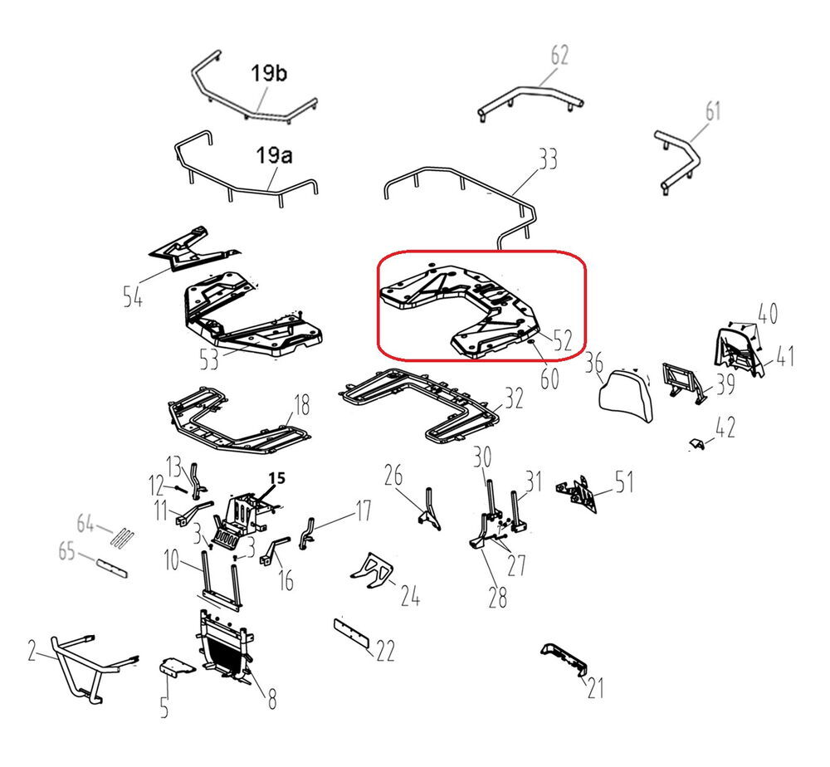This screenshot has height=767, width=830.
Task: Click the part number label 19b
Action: (269, 73)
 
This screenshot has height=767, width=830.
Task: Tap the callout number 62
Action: (559, 55)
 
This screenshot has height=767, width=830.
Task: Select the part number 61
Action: (713, 111)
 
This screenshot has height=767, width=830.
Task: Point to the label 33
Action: (548, 159)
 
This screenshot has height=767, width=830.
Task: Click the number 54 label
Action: (133, 296)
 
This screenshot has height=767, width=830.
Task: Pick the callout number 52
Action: (563, 340)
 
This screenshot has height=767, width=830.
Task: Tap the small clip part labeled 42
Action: (697, 443)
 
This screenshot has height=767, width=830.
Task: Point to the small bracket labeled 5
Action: (177, 667)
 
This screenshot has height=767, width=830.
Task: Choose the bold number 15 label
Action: (276, 478)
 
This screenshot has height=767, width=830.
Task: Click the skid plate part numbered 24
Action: (372, 571)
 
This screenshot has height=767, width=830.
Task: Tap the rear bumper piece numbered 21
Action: (564, 660)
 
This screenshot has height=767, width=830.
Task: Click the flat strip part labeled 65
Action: (112, 568)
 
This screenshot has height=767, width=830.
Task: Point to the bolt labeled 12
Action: (178, 488)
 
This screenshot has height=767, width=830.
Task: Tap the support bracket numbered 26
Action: (429, 509)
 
